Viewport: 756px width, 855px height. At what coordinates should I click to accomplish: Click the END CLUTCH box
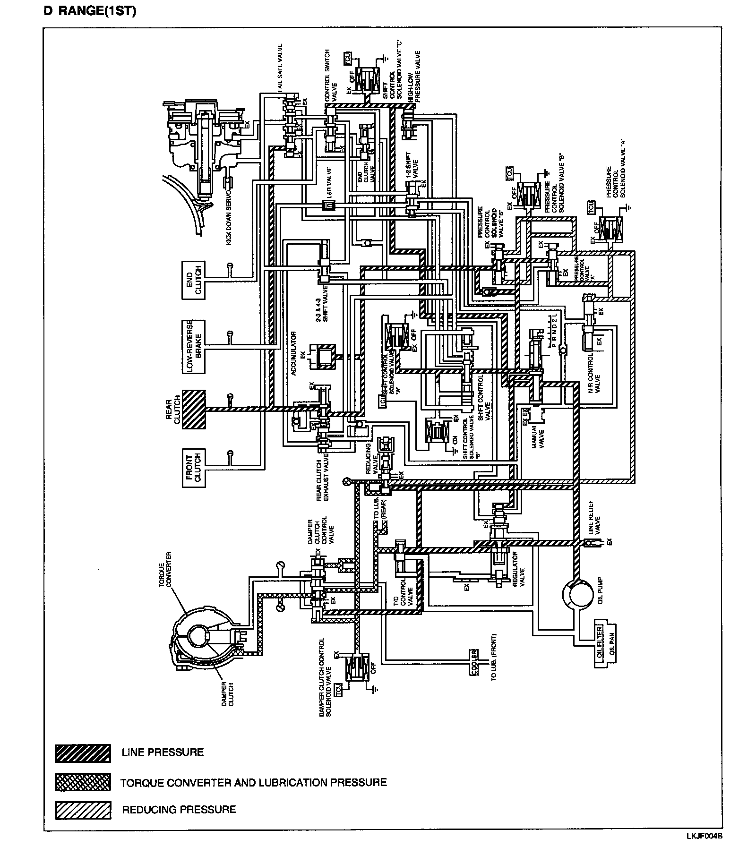tap(193, 280)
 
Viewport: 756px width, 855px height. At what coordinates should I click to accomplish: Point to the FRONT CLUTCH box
tap(193, 468)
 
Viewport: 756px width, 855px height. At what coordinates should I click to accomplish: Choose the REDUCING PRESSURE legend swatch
tap(83, 810)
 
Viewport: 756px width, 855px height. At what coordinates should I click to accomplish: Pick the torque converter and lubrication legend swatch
tap(83, 782)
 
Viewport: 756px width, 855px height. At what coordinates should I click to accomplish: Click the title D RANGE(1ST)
tap(90, 11)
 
